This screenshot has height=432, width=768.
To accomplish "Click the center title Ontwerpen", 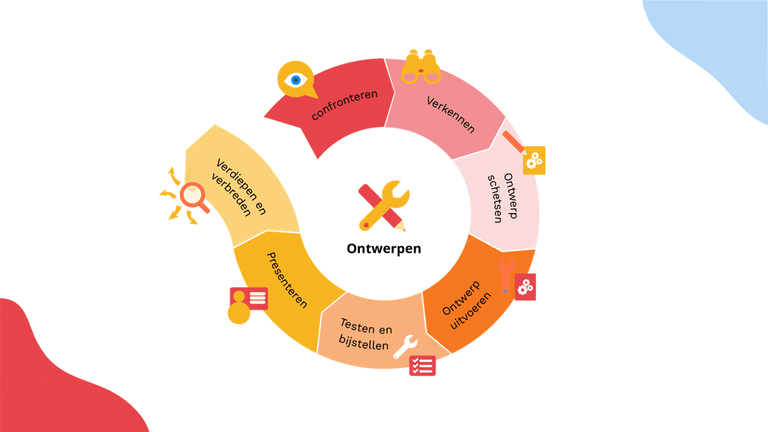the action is pyautogui.click(x=383, y=249).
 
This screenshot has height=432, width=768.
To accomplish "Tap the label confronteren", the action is pyautogui.click(x=344, y=105).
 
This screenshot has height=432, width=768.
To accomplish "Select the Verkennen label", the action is pyautogui.click(x=451, y=115).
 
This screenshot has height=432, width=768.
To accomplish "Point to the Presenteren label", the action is pyautogui.click(x=287, y=280).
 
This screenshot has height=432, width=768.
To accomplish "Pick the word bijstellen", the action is pyautogui.click(x=364, y=343).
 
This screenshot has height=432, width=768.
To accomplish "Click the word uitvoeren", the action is pyautogui.click(x=470, y=311).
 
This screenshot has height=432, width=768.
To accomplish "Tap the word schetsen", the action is pyautogui.click(x=495, y=199).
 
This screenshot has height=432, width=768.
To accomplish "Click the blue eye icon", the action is pyautogui.click(x=296, y=80).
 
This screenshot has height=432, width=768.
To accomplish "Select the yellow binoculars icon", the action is pyautogui.click(x=421, y=67).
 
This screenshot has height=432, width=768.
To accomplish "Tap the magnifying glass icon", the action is pyautogui.click(x=194, y=197).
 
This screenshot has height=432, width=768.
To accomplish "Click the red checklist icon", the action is pyautogui.click(x=422, y=366).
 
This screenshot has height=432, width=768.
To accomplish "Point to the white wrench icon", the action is pyautogui.click(x=406, y=347).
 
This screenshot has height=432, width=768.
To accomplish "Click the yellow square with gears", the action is pyautogui.click(x=534, y=160).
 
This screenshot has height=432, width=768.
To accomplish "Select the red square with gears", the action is pyautogui.click(x=525, y=287).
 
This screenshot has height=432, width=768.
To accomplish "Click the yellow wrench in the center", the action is pyautogui.click(x=385, y=205).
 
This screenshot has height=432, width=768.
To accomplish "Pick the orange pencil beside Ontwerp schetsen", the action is pyautogui.click(x=514, y=143).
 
